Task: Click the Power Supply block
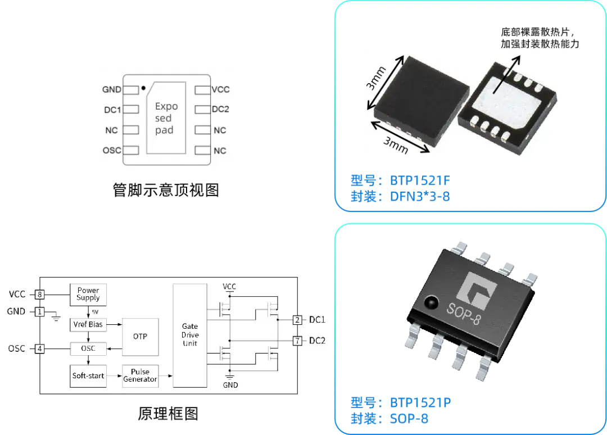point(88,294)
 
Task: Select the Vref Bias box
point(88,325)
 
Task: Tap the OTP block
point(140,336)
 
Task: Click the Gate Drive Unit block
point(190,335)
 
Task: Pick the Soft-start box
point(88,375)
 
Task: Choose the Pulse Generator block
point(141,376)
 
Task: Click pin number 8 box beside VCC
point(39,294)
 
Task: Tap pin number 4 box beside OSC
point(39,348)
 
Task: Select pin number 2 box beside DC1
point(296,320)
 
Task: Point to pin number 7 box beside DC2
point(296,341)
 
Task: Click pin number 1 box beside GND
point(39,311)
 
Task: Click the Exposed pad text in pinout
point(166,118)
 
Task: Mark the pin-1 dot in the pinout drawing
point(144,88)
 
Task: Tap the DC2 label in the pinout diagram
point(220,110)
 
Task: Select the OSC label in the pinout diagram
point(112,151)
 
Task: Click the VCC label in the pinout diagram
point(220,89)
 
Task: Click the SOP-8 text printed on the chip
point(464,310)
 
